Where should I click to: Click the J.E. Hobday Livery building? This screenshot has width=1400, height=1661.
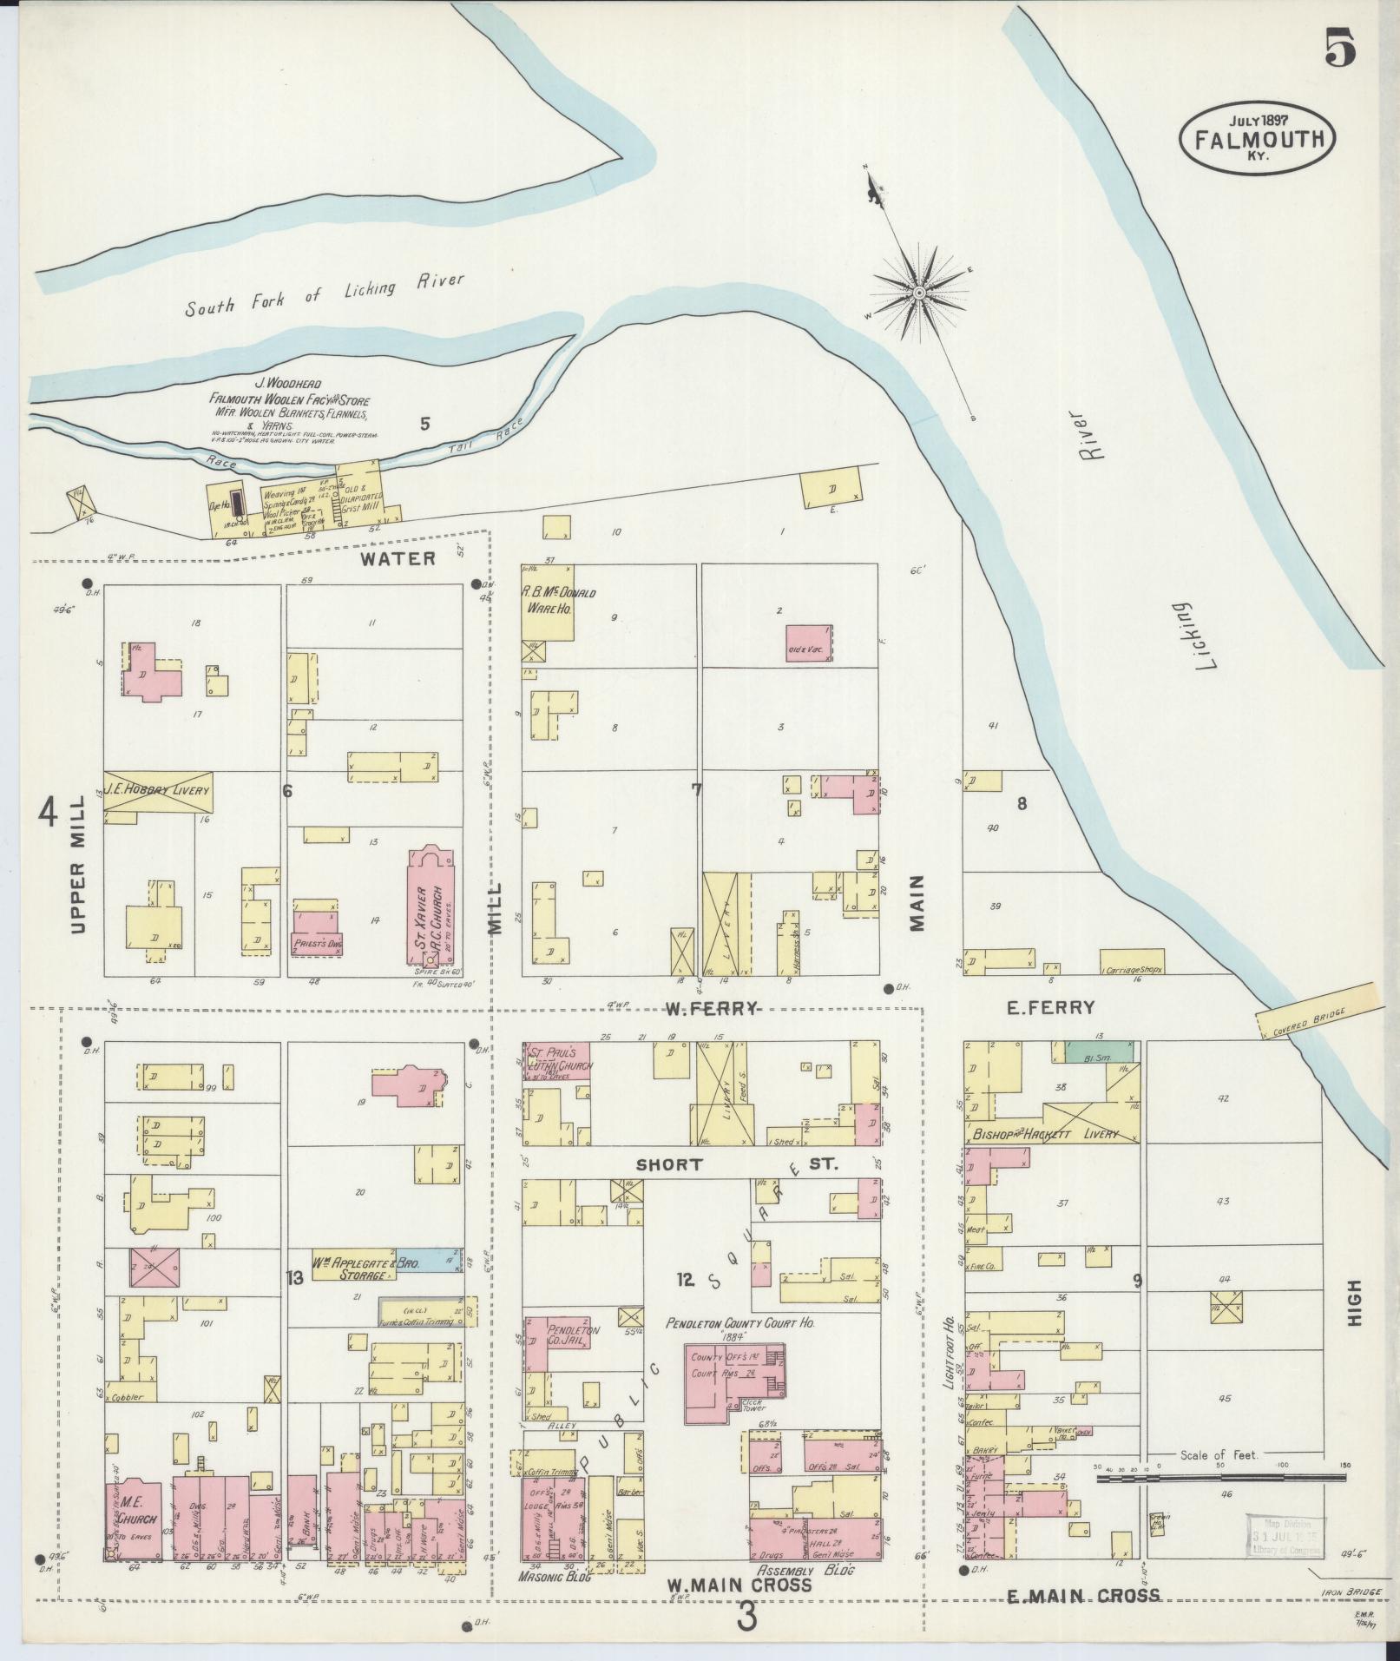pyautogui.click(x=157, y=791)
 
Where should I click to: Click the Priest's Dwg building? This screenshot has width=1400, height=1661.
pyautogui.click(x=317, y=933)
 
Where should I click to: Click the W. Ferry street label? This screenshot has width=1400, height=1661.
pyautogui.click(x=712, y=1008)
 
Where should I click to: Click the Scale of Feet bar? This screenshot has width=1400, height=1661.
pyautogui.click(x=1219, y=1476)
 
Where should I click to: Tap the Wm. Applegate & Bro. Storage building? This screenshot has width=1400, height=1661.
pyautogui.click(x=369, y=1265)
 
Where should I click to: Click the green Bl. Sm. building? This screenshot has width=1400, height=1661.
pyautogui.click(x=1099, y=1051)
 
